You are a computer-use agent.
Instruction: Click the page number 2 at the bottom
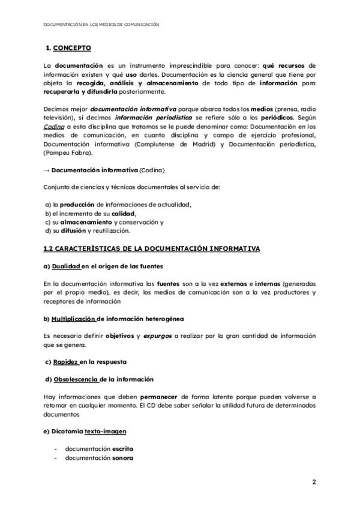[x=314, y=482]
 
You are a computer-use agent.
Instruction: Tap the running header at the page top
[x=101, y=25]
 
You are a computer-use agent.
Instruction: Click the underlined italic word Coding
[x=53, y=127]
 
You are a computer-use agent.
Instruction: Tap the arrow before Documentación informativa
[x=47, y=170]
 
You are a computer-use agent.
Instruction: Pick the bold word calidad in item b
[x=124, y=213]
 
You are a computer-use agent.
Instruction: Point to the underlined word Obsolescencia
[x=76, y=379]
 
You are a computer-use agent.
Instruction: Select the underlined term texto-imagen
[x=105, y=431]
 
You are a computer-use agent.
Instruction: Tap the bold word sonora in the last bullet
[x=122, y=457]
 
